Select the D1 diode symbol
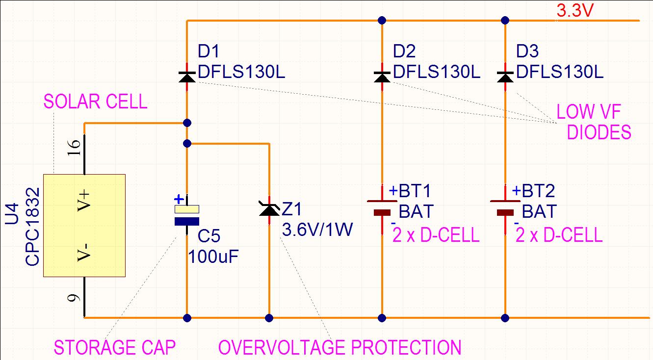click(x=187, y=77)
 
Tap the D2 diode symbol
click(x=382, y=77)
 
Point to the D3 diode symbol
click(x=505, y=77)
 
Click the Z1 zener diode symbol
click(x=269, y=210)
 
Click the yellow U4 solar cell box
click(x=84, y=225)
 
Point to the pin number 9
click(x=73, y=298)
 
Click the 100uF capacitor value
click(x=213, y=257)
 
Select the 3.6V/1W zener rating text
click(x=317, y=230)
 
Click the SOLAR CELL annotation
click(x=95, y=102)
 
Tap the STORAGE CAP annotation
click(x=115, y=347)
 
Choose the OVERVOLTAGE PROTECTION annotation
click(x=340, y=347)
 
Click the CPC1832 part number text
click(x=32, y=227)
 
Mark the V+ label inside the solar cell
click(x=84, y=201)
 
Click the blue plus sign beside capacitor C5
click(x=179, y=200)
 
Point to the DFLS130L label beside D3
click(x=560, y=72)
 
